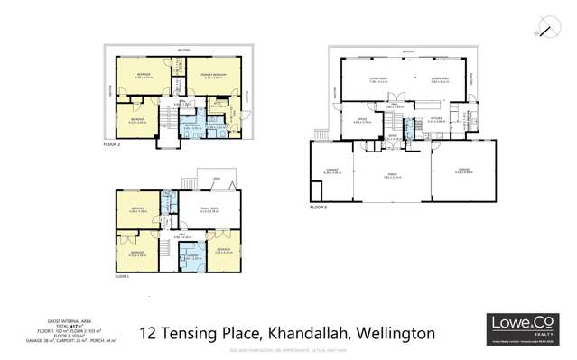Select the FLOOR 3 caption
(x=319, y=207)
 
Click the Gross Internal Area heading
(x=65, y=320)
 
